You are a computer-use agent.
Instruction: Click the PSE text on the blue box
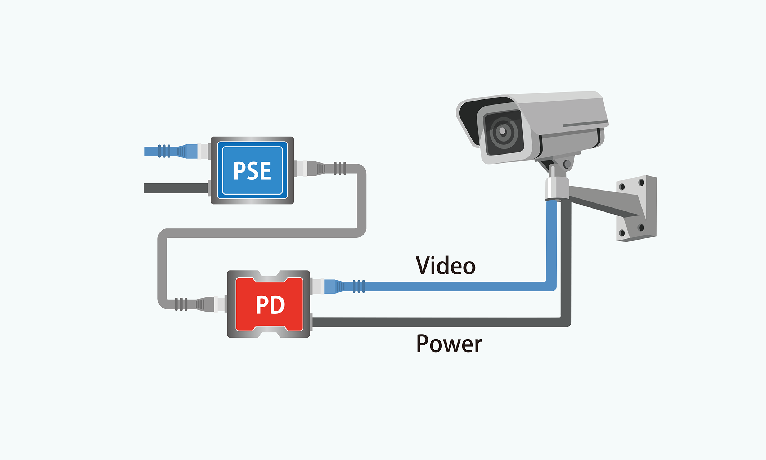252,171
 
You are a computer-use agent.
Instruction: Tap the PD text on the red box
270,305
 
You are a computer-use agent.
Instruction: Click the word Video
446,266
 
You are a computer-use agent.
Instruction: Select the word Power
449,344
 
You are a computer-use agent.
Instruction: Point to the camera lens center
503,131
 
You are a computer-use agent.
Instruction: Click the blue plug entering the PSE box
187,151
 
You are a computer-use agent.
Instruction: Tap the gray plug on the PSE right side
317,168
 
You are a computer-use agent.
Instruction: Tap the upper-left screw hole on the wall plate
622,187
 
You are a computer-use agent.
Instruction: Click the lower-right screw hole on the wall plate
641,227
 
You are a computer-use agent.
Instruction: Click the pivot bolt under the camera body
567,164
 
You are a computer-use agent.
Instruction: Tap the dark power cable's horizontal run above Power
432,322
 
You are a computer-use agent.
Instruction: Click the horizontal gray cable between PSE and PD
259,233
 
